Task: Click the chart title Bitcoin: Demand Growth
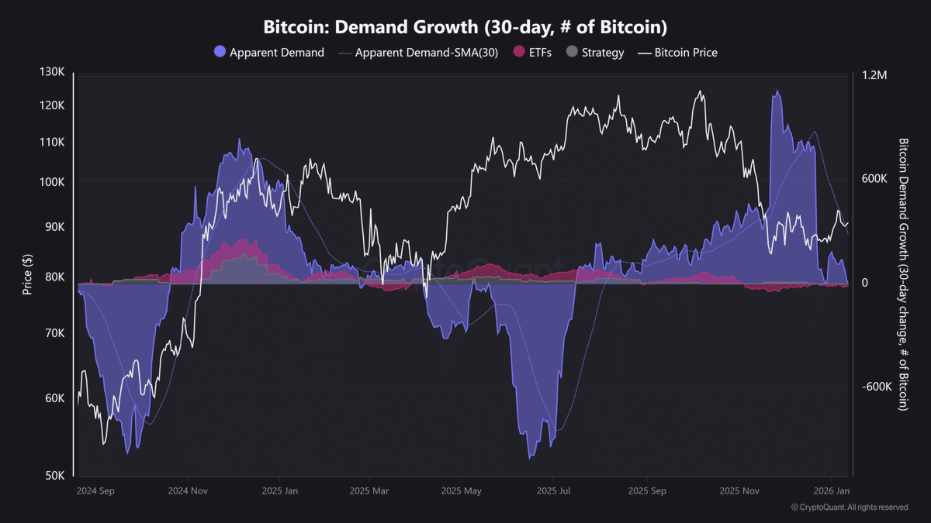[x=465, y=27]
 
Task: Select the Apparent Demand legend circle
[x=220, y=53]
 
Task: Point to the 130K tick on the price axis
[x=53, y=72]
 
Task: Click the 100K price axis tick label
[x=53, y=181]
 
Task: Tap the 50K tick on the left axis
[x=54, y=475]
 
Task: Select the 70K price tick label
[x=54, y=333]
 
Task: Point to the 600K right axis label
[x=874, y=179]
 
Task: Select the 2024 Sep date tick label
[x=96, y=490]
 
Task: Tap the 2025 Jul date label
[x=554, y=490]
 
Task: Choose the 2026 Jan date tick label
[x=831, y=490]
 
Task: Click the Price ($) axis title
[x=28, y=274]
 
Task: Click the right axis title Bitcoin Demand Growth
[x=903, y=274]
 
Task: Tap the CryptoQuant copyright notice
[x=850, y=508]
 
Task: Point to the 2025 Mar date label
[x=370, y=490]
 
